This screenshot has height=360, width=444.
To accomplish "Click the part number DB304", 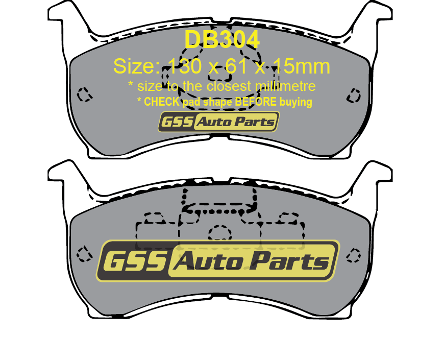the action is (x=222, y=40).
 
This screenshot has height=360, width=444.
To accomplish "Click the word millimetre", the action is (x=285, y=86).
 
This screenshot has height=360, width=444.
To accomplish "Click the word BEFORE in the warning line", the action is (x=255, y=102).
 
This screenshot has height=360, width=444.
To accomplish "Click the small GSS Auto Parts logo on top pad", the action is (x=218, y=122).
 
